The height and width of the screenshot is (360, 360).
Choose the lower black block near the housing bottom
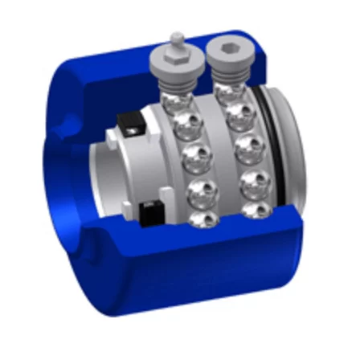click(150, 213)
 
